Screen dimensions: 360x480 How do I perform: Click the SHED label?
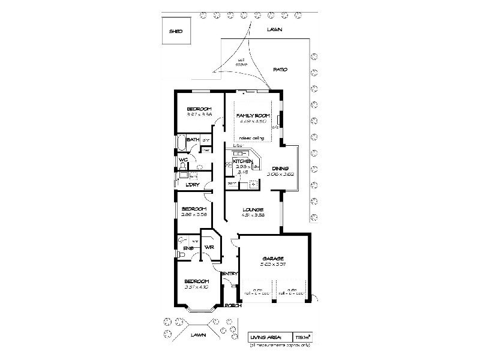pos(175,31)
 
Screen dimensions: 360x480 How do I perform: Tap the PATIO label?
pos(280,70)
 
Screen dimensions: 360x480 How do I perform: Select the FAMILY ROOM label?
pos(252,115)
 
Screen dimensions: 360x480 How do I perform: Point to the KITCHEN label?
pos(242,161)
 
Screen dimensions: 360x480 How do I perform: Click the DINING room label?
pos(280,169)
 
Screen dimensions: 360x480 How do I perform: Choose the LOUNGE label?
pos(253,209)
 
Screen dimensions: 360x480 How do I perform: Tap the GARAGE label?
pos(276,258)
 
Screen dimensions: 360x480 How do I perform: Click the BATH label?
pos(193,140)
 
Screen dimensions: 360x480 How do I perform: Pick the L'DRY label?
pos(193,184)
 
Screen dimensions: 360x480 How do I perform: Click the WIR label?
pos(209,247)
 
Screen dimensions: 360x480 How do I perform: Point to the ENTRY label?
pos(230,274)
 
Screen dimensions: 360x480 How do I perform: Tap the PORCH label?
pos(233,305)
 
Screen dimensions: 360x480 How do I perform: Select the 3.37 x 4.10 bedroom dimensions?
pos(196,287)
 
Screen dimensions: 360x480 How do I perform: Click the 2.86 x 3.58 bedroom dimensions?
pos(194,214)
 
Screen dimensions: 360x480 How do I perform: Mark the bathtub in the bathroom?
pos(180,142)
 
